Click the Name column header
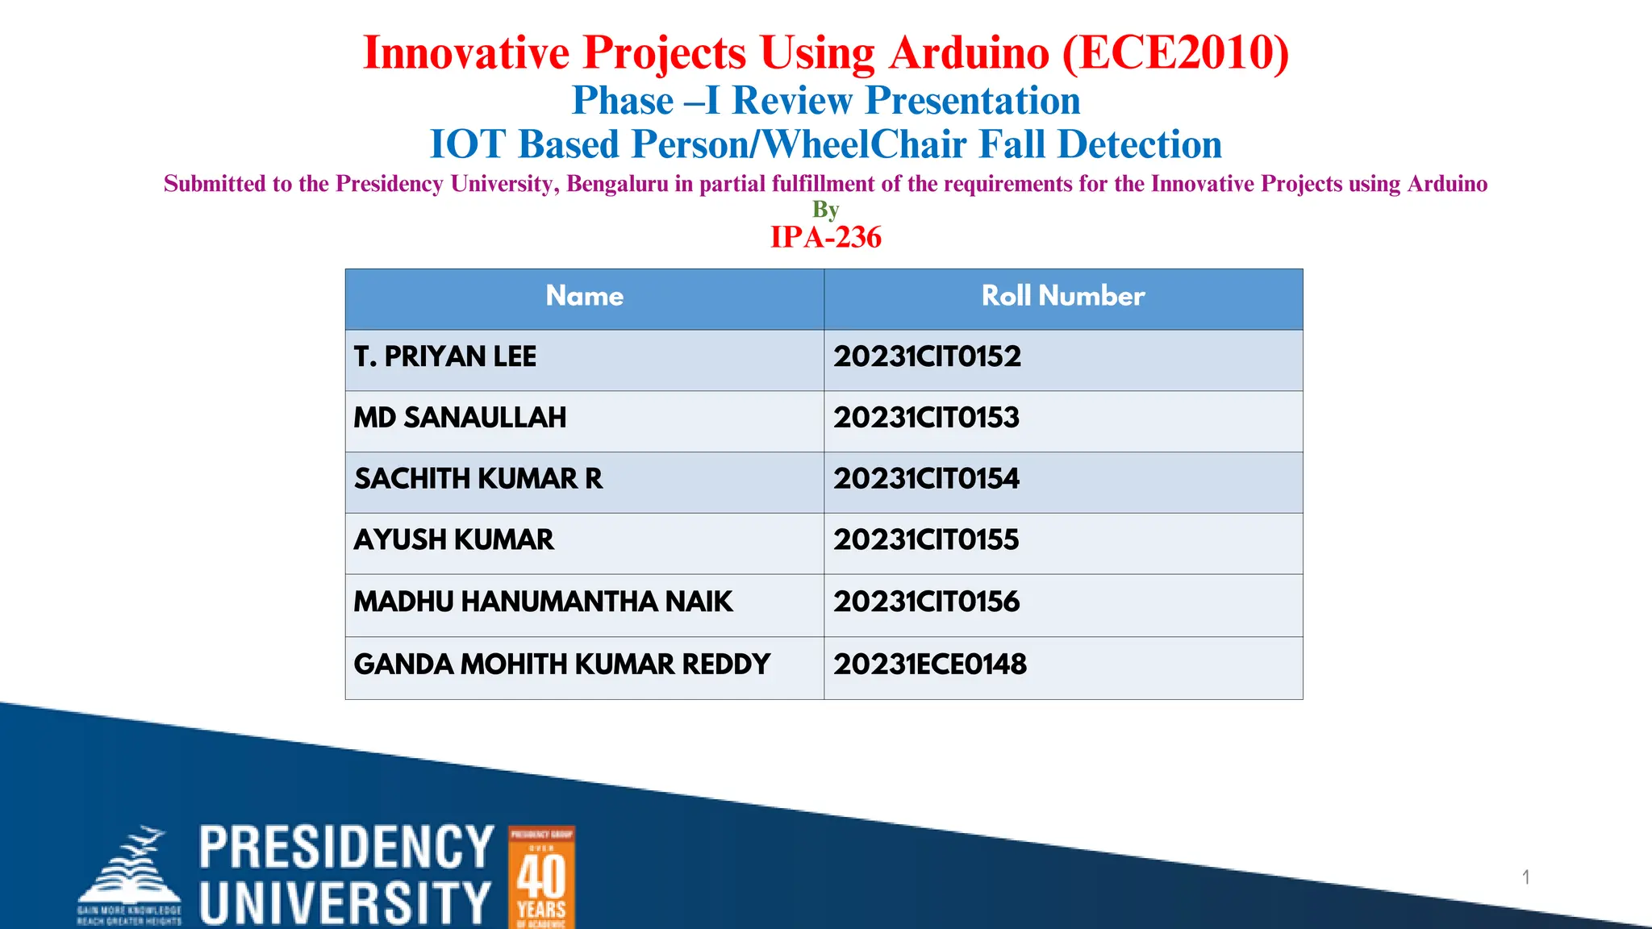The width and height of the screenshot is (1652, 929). pos(584,296)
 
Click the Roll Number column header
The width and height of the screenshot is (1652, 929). pos(1062,296)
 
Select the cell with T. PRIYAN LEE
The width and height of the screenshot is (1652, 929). pos(444,356)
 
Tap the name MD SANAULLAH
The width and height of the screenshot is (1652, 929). pos(460,418)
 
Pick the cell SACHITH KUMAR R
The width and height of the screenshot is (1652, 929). pos(478,479)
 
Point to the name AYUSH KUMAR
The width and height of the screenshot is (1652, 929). pos(453,539)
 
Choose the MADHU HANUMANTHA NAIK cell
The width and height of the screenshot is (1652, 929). pos(543,602)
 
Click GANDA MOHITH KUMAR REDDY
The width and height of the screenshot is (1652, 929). pos(561,664)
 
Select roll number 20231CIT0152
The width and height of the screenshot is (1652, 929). pos(927,356)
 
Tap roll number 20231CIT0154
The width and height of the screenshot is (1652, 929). pos(926,479)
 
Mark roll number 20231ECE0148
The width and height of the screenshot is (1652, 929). pos(929,664)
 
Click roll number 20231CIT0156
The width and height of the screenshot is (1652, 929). pos(926,602)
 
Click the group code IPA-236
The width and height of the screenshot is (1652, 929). pos(826,237)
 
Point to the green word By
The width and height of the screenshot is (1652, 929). pos(825,210)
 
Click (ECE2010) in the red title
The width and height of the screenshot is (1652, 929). pos(1174,53)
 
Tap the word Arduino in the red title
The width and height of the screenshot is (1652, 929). pos(969,53)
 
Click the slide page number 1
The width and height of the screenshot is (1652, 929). pos(1525,877)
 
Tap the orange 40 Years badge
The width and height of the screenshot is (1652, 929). pos(541,877)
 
